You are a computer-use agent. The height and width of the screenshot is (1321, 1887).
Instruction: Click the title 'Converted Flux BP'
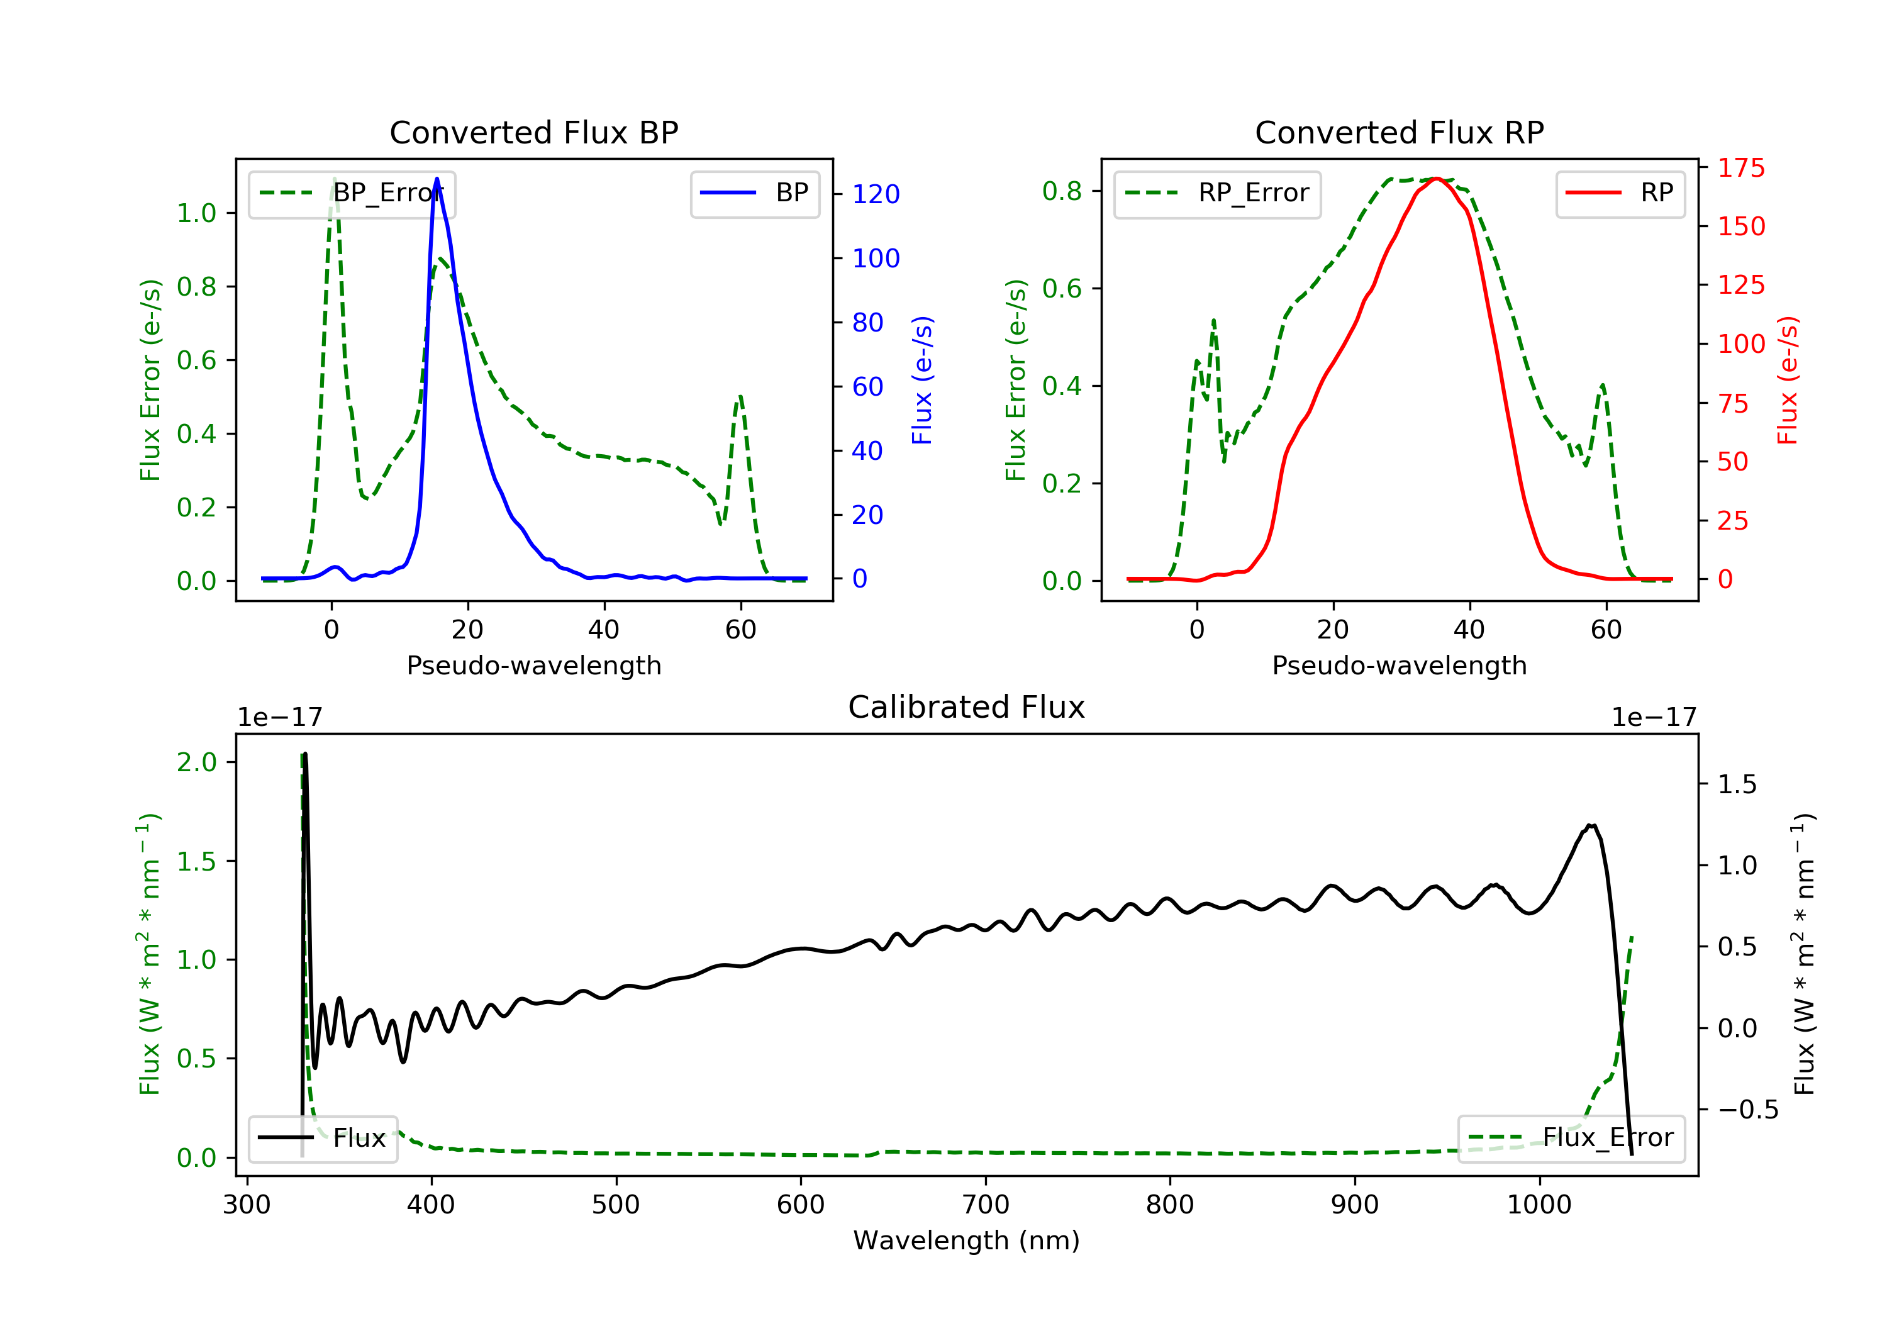533,132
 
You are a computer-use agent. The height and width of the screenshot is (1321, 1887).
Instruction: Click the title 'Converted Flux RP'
1399,132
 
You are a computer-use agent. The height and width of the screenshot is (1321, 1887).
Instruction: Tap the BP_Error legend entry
352,193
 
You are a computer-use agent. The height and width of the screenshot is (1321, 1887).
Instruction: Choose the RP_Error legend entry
1217,193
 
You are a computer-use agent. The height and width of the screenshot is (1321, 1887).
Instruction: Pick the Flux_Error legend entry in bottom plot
1571,1138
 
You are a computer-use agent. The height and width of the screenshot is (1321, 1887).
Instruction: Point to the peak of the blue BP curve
437,179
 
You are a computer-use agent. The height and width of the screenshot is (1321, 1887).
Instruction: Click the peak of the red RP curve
1436,179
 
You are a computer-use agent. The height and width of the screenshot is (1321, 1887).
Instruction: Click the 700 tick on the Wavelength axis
986,1205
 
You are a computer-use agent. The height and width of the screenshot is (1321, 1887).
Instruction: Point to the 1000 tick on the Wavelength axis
1539,1205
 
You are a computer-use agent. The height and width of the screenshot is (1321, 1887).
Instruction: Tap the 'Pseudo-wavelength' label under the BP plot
533,665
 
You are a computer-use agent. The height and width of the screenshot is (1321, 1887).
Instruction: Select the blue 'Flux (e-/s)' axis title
922,380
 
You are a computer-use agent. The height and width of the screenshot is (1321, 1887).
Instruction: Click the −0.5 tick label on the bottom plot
1747,1110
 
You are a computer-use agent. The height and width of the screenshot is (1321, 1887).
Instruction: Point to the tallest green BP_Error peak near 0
333,179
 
